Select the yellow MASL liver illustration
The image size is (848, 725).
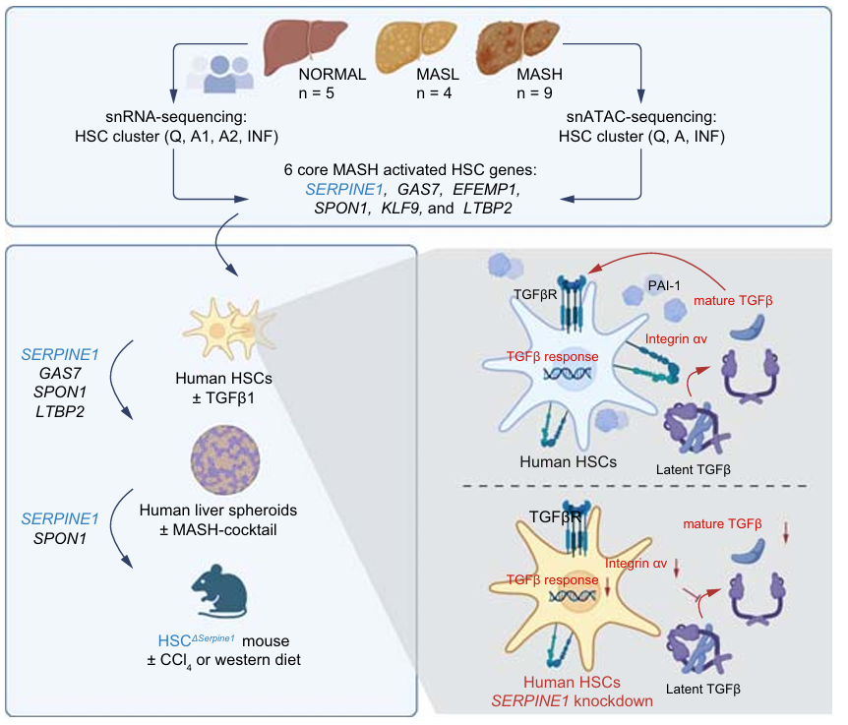(418, 45)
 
